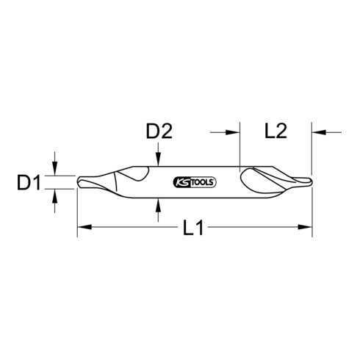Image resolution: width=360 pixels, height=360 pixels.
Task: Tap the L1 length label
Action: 193,228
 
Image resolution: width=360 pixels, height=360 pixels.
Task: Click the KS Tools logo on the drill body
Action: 194,181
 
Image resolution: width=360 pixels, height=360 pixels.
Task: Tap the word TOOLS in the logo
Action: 203,181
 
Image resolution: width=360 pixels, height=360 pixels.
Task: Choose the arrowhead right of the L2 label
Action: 317,132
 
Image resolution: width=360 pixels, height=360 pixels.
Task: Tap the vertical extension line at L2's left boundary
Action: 240,147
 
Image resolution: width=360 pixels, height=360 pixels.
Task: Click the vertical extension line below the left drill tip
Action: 77,213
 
